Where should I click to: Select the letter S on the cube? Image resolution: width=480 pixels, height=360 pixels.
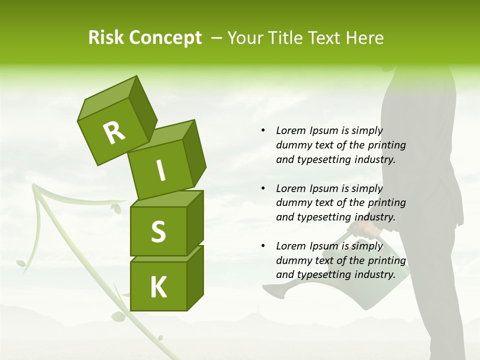point(158,231)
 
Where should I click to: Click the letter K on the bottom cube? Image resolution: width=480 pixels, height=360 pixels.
point(158,287)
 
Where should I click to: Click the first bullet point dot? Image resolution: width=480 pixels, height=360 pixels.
point(263,130)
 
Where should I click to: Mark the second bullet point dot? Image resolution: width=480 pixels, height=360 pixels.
point(263,188)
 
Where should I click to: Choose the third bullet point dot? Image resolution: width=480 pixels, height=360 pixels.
point(263,246)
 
